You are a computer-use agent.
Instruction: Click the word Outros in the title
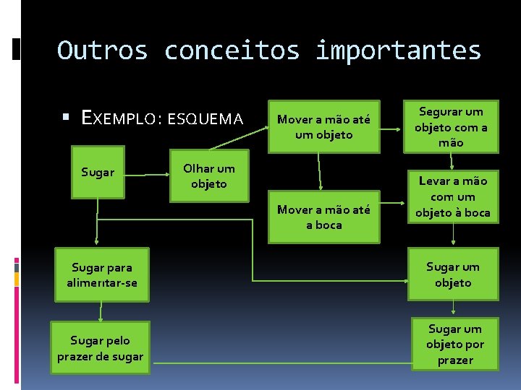(x=102, y=51)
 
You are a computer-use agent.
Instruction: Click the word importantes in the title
(x=398, y=51)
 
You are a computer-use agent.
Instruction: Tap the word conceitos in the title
(x=232, y=51)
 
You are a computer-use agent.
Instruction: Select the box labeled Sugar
(x=98, y=173)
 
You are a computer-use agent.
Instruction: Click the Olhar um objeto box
(x=208, y=175)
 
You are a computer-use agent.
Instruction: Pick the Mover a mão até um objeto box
(x=323, y=126)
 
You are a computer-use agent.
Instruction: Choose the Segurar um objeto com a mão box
(x=451, y=126)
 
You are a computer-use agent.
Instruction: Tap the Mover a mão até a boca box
(x=323, y=217)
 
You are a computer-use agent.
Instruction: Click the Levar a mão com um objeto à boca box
(x=452, y=196)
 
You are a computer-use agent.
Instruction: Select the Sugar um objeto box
(x=452, y=274)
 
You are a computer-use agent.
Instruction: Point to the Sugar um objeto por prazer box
(x=454, y=344)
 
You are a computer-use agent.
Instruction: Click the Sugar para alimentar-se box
(x=100, y=274)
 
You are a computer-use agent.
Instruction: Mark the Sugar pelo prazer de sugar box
(x=101, y=347)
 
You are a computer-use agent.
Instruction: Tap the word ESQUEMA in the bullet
(x=205, y=118)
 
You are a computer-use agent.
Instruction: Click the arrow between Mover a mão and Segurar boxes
(x=391, y=129)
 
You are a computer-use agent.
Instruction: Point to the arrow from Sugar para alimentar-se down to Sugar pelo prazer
(x=101, y=310)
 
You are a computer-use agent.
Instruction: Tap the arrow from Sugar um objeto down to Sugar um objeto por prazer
(x=454, y=308)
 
